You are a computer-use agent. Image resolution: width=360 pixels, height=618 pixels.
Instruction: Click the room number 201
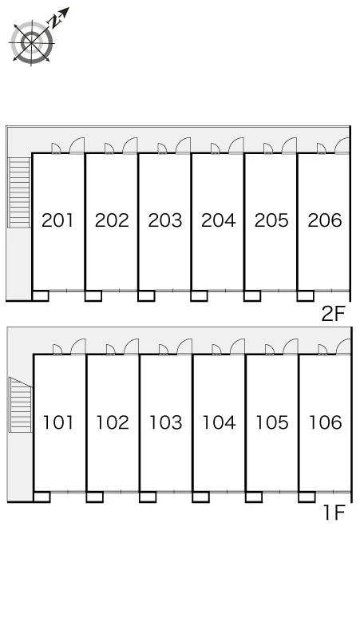coord(57,220)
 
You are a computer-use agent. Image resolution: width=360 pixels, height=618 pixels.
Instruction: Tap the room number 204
coord(218,220)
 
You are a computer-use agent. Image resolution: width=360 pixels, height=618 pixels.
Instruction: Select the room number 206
coord(325,220)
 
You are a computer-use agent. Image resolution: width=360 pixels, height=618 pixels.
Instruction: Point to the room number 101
coord(58,422)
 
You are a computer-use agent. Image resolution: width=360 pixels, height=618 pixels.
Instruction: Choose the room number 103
coord(165,422)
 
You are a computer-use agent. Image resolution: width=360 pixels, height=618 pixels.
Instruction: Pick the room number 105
coord(271,422)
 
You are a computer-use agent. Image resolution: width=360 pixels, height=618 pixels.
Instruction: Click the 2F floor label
coord(333,314)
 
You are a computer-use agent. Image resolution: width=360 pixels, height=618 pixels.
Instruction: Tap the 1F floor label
coord(334,513)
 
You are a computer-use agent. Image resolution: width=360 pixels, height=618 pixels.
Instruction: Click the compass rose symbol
coord(31,42)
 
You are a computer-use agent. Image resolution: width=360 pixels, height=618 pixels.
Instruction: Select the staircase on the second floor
coord(19,192)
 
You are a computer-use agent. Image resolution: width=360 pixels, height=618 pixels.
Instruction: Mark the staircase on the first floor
coord(21,405)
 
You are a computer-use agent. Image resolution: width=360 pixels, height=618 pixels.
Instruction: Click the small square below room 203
coord(146,296)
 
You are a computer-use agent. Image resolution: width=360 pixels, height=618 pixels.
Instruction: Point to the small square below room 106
coord(307,497)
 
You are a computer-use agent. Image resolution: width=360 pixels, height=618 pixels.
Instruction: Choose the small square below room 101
coord(42,497)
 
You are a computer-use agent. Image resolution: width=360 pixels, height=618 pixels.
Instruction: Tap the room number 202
coord(112,220)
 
